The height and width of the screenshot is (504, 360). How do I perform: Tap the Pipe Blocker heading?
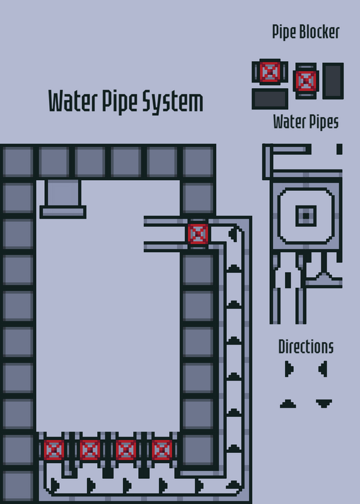coord(306,33)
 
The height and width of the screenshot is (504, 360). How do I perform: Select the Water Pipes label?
coord(306,122)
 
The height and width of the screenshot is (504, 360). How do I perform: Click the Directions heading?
coord(306,347)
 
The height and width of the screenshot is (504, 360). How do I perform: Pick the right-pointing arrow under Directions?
coord(289,369)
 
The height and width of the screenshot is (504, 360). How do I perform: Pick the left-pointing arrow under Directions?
coord(323,369)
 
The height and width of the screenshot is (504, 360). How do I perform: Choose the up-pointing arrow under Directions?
coord(288,404)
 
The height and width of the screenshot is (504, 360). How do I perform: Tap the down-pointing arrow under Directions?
coord(324,403)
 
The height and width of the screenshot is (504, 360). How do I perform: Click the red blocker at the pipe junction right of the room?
coord(198,234)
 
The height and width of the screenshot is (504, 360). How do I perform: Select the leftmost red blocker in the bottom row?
coord(54,450)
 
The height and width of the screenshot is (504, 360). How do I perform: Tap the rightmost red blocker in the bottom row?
coord(162,450)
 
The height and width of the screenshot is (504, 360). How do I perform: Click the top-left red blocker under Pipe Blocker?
coord(270,72)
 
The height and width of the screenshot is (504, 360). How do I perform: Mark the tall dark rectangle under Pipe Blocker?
coord(333,81)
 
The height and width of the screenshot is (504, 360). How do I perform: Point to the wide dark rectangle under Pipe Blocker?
coord(270,99)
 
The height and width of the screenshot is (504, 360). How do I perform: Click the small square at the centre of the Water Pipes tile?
coord(306,215)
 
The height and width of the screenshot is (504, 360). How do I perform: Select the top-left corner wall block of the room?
coord(18,162)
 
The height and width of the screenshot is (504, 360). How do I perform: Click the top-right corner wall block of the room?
coord(198,162)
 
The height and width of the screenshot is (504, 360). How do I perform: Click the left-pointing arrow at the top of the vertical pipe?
coord(233,234)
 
